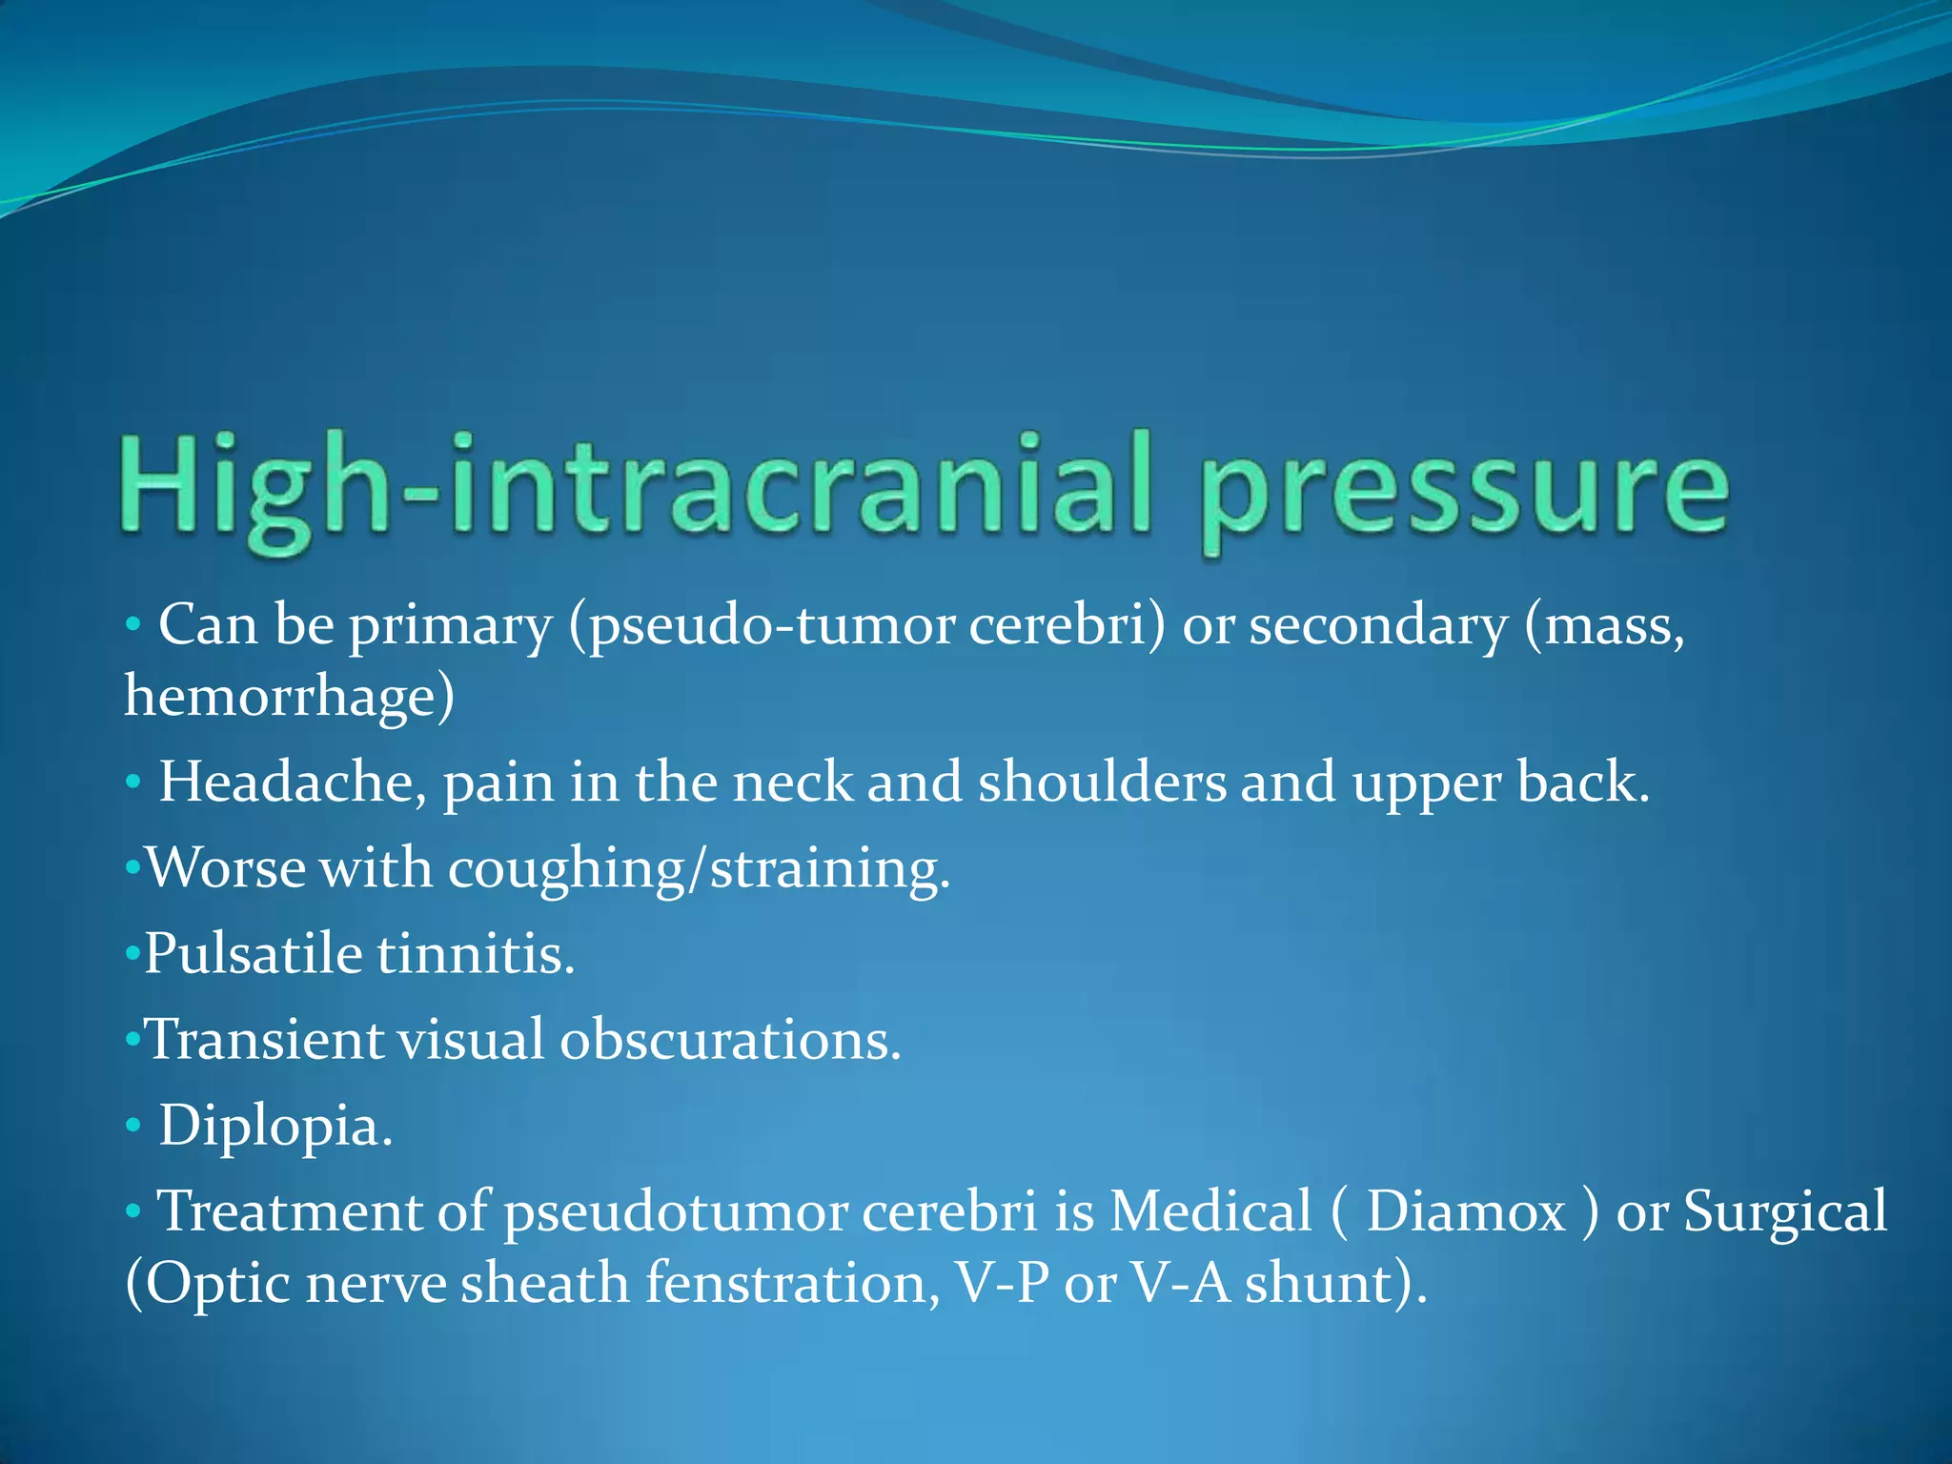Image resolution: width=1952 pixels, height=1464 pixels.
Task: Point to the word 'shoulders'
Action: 1102,783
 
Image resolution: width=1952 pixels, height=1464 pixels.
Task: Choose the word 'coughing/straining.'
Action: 699,869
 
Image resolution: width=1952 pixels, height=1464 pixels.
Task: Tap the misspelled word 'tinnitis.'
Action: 477,953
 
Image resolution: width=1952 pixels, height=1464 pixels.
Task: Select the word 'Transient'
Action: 265,1039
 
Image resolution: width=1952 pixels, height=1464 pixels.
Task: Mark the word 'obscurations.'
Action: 730,1039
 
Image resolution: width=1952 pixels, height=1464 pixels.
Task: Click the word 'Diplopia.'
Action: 275,1126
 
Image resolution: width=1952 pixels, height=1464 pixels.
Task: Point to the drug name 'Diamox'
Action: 1466,1211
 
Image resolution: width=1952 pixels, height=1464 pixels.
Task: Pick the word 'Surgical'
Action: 1784,1211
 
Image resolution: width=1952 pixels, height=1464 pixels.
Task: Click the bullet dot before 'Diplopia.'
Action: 132,1127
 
